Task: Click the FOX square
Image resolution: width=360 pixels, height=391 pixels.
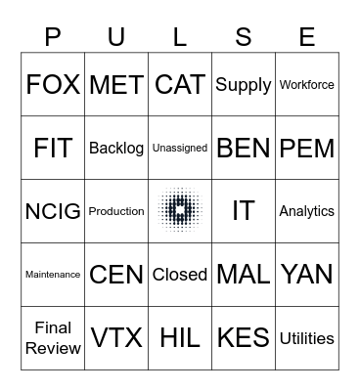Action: coord(53,85)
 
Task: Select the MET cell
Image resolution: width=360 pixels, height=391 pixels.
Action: coord(116,85)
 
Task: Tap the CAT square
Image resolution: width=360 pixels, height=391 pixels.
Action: coord(180,85)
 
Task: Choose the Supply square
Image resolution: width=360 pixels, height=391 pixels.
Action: coord(244,85)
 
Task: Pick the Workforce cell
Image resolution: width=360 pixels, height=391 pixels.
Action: coord(307,85)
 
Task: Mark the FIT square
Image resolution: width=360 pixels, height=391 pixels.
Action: coord(53,149)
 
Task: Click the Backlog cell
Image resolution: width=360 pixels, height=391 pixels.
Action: coord(116,149)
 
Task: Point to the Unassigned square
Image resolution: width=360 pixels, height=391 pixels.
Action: coord(180,149)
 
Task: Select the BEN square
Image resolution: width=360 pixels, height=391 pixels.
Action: coord(244,149)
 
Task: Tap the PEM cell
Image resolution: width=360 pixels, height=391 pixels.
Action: coord(307,149)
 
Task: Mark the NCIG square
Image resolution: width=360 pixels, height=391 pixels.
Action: coord(53,211)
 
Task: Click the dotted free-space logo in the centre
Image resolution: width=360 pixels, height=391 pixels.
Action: coord(180,211)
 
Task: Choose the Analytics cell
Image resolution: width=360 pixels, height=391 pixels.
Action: coord(307,211)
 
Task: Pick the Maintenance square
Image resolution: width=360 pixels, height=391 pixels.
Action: coord(53,275)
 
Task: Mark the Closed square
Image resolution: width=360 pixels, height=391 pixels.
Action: coord(180,275)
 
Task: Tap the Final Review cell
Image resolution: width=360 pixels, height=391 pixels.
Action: coord(53,338)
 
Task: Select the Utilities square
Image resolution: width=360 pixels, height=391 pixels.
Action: coord(307,338)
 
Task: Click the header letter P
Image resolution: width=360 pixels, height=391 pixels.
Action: coord(53,37)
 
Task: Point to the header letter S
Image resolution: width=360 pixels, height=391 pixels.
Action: coord(244,37)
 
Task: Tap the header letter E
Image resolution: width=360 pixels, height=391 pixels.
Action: coord(307,37)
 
